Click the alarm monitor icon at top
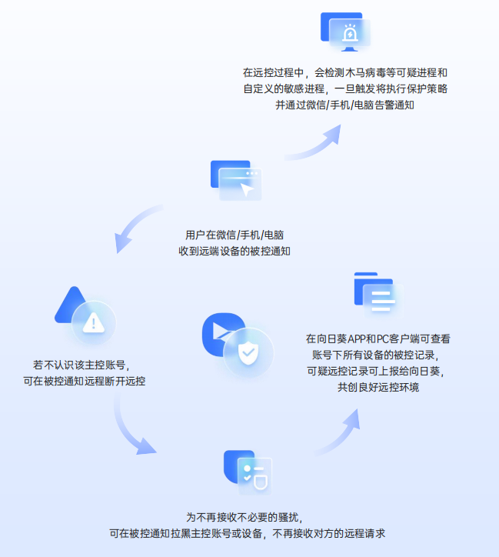point(345,32)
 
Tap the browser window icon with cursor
point(235,181)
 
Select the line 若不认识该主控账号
point(80,364)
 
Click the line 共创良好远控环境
point(378,387)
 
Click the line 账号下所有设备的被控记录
point(378,354)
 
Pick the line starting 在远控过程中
point(344,72)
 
